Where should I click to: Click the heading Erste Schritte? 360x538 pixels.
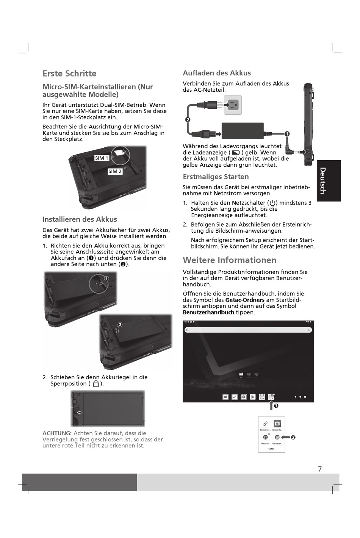click(x=69, y=74)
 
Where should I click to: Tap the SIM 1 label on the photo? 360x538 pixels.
click(x=102, y=158)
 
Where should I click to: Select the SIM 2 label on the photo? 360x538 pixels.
click(x=115, y=171)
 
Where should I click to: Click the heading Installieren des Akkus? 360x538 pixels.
click(x=80, y=219)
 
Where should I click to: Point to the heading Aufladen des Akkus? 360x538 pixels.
click(x=217, y=73)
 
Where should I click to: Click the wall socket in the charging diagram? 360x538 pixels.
click(x=232, y=105)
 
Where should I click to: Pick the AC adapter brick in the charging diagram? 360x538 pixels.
click(x=243, y=130)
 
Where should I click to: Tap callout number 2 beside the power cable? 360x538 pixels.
click(x=187, y=120)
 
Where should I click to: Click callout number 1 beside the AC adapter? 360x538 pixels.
click(x=287, y=134)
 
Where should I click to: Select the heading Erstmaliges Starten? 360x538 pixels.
click(x=216, y=177)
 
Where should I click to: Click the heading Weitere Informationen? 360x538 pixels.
click(x=229, y=260)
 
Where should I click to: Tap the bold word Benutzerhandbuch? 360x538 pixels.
click(x=208, y=313)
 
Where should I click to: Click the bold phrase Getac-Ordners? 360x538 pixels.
click(x=245, y=300)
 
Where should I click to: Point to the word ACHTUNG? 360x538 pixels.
click(x=57, y=433)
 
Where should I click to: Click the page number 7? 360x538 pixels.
click(x=320, y=469)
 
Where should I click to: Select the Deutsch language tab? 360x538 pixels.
click(x=329, y=181)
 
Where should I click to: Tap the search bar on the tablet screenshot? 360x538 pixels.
click(x=248, y=330)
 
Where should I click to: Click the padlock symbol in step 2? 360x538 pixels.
click(x=96, y=384)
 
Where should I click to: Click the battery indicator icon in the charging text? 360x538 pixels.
click(x=236, y=153)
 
